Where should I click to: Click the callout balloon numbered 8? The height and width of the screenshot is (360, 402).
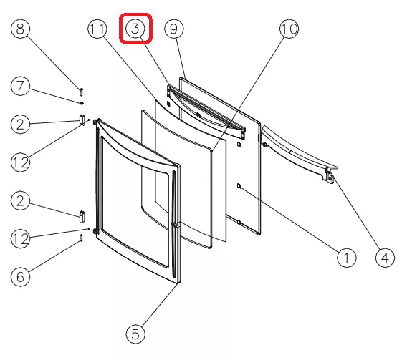[x=20, y=29]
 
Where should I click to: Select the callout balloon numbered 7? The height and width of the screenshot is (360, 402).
[x=20, y=86]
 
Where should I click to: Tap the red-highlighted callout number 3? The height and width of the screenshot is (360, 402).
[x=135, y=29]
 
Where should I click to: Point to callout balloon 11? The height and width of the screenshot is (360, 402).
[x=97, y=29]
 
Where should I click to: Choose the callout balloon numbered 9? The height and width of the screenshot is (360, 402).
[x=174, y=29]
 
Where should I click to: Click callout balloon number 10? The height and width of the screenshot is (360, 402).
[x=289, y=29]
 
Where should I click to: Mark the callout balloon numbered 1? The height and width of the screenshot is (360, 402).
[x=347, y=258]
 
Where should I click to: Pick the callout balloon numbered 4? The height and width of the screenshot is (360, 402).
[x=385, y=258]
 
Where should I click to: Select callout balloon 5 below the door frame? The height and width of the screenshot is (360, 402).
[x=135, y=334]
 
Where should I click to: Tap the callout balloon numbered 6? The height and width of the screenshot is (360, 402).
[x=20, y=277]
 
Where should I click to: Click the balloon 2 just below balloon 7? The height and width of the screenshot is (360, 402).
[x=20, y=124]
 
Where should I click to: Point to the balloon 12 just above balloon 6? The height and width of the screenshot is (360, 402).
[x=20, y=238]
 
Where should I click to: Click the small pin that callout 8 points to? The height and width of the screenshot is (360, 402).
[x=81, y=92]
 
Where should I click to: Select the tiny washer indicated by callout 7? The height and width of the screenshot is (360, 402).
[x=82, y=104]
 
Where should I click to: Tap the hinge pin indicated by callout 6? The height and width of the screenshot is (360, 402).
[x=81, y=238]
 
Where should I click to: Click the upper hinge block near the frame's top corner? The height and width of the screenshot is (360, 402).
[x=82, y=120]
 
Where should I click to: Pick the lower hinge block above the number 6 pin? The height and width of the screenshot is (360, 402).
[x=82, y=217]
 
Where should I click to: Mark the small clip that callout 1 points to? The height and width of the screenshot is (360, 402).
[x=239, y=186]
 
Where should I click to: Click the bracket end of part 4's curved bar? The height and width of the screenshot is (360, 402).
[x=330, y=175]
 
